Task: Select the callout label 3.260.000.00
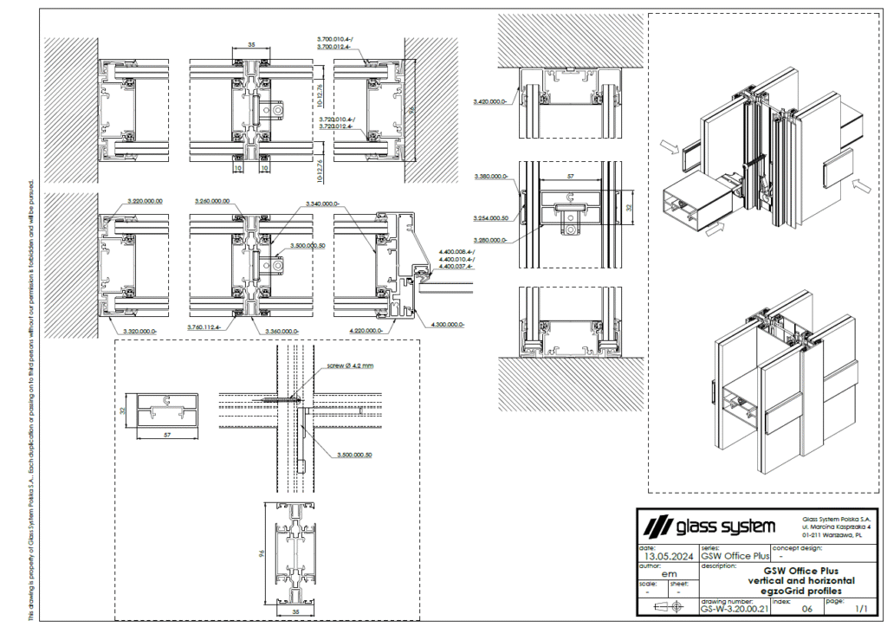(212, 201)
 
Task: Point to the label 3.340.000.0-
(324, 204)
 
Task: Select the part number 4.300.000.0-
(447, 324)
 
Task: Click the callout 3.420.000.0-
(490, 102)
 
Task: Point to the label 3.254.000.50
(490, 217)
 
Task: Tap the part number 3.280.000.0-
(490, 240)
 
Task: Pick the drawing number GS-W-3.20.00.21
(733, 610)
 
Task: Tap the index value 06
(807, 610)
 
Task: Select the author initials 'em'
(668, 573)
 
